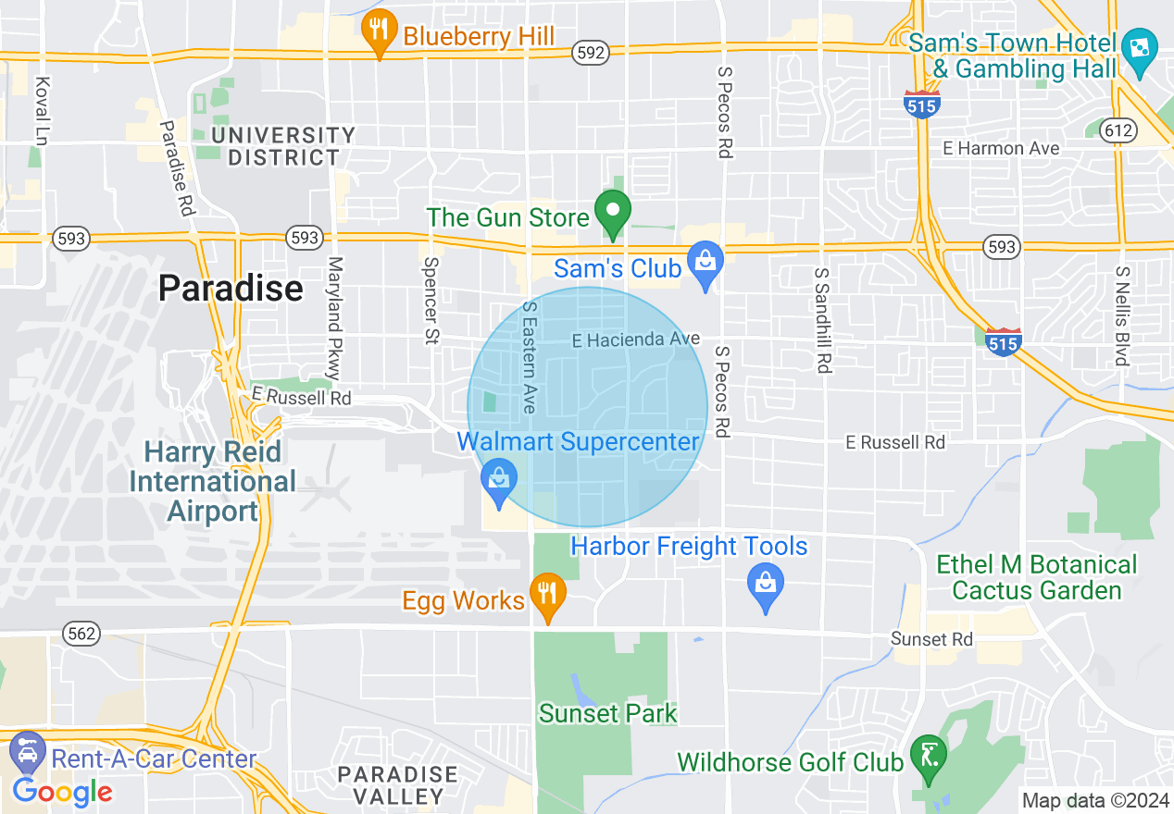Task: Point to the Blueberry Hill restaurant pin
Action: point(379,31)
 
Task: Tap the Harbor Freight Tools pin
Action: point(766,585)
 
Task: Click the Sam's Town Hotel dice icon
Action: point(1140,49)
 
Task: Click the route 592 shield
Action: point(590,53)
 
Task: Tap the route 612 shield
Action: point(1119,130)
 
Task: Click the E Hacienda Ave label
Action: point(635,340)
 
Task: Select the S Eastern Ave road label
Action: point(529,356)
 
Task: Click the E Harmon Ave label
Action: point(1001,148)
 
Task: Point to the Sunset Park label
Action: point(608,713)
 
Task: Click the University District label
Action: point(283,146)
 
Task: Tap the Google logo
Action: point(63,792)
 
